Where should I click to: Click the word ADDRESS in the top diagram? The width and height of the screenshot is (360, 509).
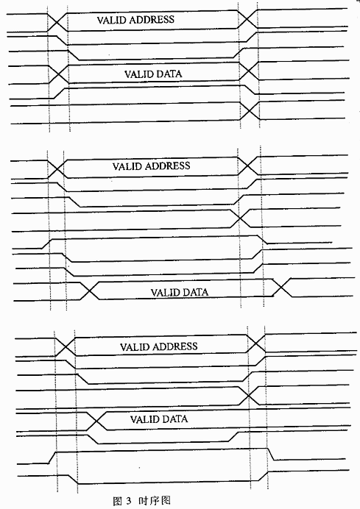point(152,20)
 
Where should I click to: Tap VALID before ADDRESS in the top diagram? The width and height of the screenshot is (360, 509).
point(112,20)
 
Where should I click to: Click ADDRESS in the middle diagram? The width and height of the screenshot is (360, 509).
point(167,166)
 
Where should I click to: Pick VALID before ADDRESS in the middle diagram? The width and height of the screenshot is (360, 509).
point(127,166)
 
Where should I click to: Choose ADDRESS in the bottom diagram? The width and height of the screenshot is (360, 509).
point(174,346)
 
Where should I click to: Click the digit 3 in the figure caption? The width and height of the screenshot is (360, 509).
point(128,501)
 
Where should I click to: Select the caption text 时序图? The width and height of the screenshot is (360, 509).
point(155,501)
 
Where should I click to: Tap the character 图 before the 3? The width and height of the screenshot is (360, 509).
point(117,501)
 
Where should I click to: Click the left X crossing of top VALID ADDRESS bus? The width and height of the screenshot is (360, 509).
point(57,22)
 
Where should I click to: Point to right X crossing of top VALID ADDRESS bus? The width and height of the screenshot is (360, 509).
point(247,19)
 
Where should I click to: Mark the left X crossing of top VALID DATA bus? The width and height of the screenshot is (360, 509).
point(59,74)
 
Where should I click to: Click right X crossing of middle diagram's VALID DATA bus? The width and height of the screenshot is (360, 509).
point(282,288)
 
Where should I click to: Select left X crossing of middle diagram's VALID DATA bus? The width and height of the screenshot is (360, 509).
point(89,291)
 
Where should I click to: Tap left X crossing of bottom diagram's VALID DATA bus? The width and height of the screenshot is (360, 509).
point(96,421)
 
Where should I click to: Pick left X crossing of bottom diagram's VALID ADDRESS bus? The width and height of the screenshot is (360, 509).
point(66,346)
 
